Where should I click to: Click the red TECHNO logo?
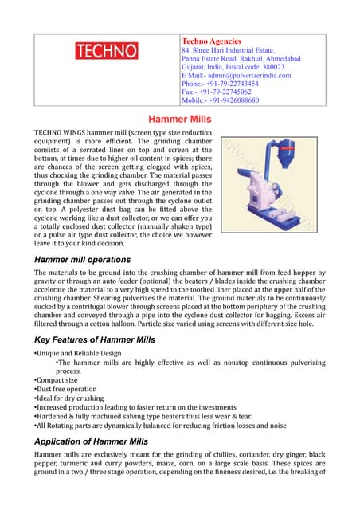[x=106, y=51]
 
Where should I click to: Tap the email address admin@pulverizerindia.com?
[x=248, y=76]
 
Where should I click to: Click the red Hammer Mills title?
[x=180, y=117]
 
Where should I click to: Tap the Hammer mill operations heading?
[x=83, y=260]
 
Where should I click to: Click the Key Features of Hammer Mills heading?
[x=95, y=339]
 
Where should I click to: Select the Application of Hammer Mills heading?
[x=91, y=441]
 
